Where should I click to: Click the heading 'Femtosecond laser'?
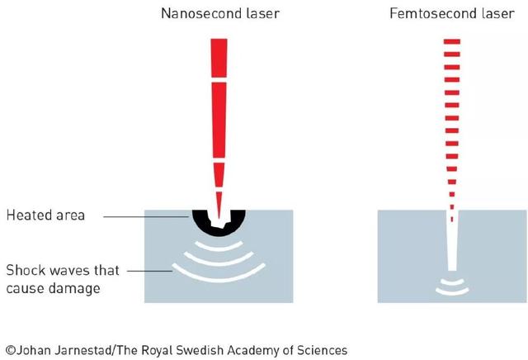[451, 14]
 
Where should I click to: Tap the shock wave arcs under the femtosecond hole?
[450, 287]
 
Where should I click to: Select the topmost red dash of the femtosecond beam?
[451, 40]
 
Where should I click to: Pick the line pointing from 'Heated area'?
[148, 216]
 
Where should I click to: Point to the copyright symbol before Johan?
[10, 350]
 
